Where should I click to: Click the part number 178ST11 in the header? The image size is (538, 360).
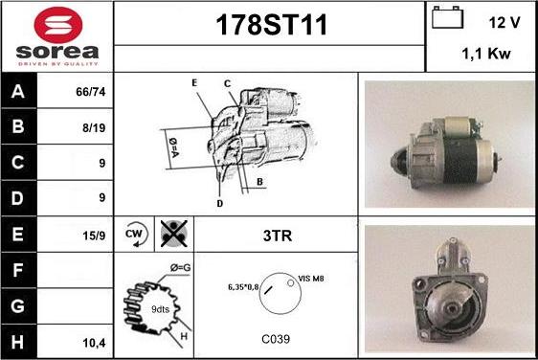pos(272,25)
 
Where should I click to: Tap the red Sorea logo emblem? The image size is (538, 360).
pos(58,25)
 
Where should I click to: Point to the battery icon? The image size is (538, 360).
pos(447,17)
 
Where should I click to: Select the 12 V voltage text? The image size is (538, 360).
pos(504,23)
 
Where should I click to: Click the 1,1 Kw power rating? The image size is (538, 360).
pos(486,54)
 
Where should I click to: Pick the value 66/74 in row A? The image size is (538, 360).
pos(91,92)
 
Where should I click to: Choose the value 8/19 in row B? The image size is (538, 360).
pos(94,127)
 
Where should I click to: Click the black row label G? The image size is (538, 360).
pos(18,305)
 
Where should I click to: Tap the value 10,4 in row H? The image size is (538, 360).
pos(94,343)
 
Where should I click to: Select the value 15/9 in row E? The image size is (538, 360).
pos(94,236)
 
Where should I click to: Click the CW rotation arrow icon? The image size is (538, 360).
pos(135,235)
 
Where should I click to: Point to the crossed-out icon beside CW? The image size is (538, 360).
pos(174,234)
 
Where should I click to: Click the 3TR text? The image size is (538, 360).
pos(278,236)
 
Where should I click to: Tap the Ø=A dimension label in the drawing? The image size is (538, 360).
pos(174,147)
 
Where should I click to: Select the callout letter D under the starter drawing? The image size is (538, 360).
pos(219,203)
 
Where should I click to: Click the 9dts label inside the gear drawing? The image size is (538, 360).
pos(160,309)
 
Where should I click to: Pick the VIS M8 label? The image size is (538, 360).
pos(311,279)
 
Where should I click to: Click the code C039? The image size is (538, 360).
pos(276,339)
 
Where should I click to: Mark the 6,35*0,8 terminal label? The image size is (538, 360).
pos(243,287)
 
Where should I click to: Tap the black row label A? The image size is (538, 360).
pos(18,91)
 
